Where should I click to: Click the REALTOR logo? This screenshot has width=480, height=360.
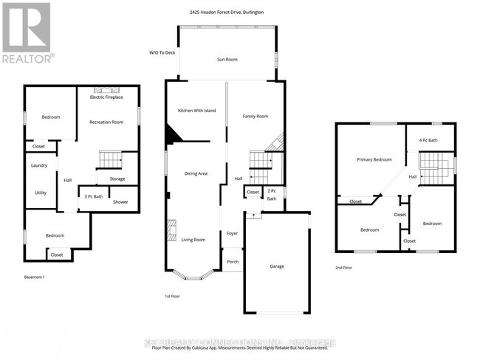(x=27, y=32)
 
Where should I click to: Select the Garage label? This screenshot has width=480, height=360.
(x=276, y=266)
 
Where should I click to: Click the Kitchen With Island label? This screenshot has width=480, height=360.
(x=196, y=110)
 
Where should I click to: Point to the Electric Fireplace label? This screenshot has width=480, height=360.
(x=106, y=97)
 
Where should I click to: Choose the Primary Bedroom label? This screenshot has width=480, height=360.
(x=374, y=159)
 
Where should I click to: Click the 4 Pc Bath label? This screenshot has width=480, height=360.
(x=428, y=140)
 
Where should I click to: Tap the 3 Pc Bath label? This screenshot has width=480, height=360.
(x=93, y=196)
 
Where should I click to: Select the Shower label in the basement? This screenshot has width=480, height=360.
(x=120, y=201)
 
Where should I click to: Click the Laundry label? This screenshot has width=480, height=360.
(x=39, y=165)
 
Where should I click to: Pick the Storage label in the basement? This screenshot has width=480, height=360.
(x=117, y=179)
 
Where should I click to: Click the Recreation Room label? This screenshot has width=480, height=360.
(x=106, y=122)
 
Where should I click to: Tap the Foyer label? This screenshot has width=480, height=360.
(x=232, y=233)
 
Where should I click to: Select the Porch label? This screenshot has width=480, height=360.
(x=233, y=261)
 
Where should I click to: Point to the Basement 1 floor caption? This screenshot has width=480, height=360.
(x=35, y=277)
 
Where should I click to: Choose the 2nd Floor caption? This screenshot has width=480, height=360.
(x=344, y=268)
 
